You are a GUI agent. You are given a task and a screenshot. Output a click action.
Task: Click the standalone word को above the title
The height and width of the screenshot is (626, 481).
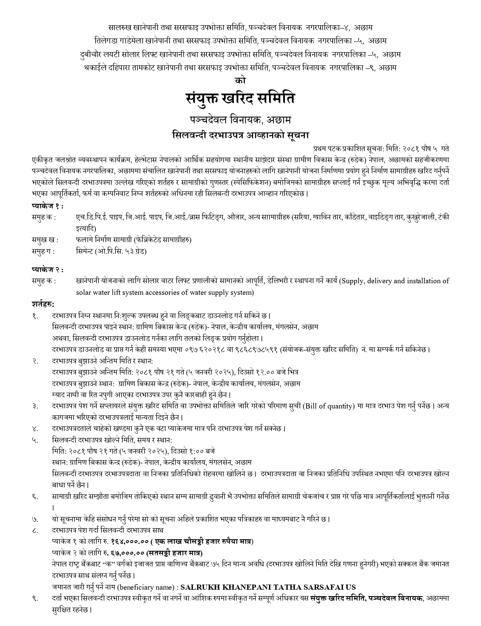(x=240, y=80)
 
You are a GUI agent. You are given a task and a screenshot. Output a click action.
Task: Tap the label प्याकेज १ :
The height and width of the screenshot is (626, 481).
(x=47, y=206)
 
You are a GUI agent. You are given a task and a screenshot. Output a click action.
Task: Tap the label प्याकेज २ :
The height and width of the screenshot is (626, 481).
(x=47, y=270)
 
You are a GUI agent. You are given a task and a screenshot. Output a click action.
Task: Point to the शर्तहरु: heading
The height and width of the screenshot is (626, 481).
(x=43, y=304)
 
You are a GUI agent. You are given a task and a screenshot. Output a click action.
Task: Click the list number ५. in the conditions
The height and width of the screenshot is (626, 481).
(x=35, y=440)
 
